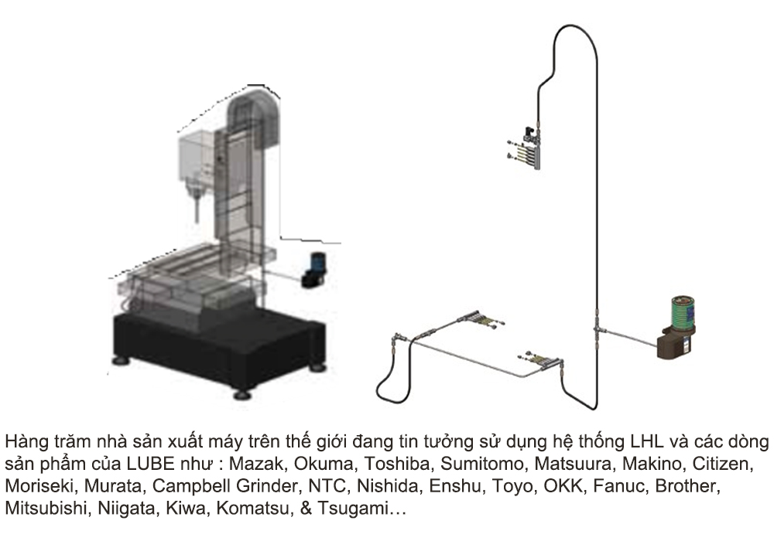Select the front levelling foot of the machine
click(241, 395)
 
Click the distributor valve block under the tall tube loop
click(526, 148)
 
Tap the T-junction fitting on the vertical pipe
click(598, 328)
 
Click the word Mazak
click(256, 464)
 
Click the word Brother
click(687, 486)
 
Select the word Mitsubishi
click(46, 508)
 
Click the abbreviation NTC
click(327, 486)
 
